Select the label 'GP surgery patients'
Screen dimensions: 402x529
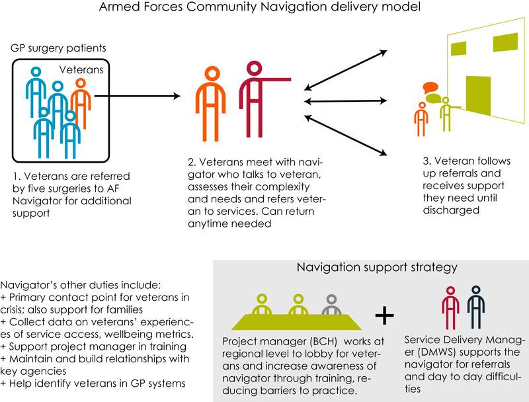pyautogui.click(x=58, y=49)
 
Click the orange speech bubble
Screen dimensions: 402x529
pyautogui.click(x=430, y=87)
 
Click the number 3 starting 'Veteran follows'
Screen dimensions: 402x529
pyautogui.click(x=425, y=161)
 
